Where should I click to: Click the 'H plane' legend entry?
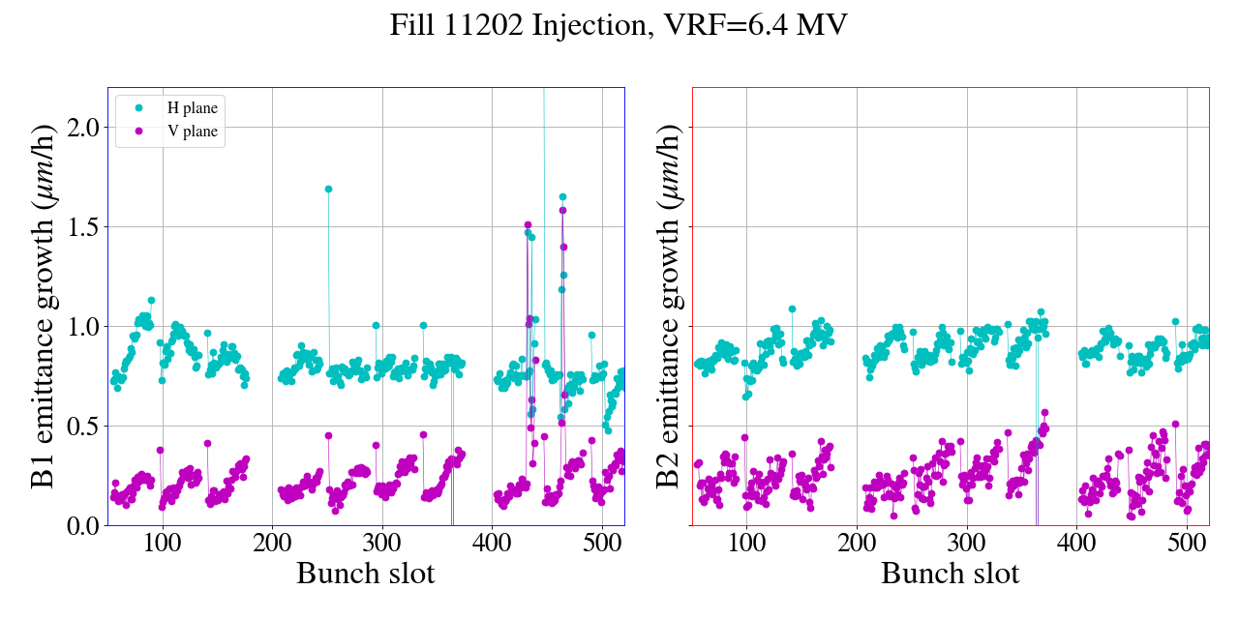192,108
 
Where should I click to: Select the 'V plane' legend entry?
192,132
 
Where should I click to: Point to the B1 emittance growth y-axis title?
43,306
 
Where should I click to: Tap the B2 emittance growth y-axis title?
668,306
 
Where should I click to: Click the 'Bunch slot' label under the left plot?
366,574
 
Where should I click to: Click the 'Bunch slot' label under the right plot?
951,574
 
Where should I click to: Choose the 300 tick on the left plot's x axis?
382,542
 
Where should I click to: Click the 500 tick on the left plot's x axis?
602,542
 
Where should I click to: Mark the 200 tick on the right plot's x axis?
857,542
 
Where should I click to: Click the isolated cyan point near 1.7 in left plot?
328,189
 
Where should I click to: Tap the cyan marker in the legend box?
137,108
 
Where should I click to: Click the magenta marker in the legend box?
137,132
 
